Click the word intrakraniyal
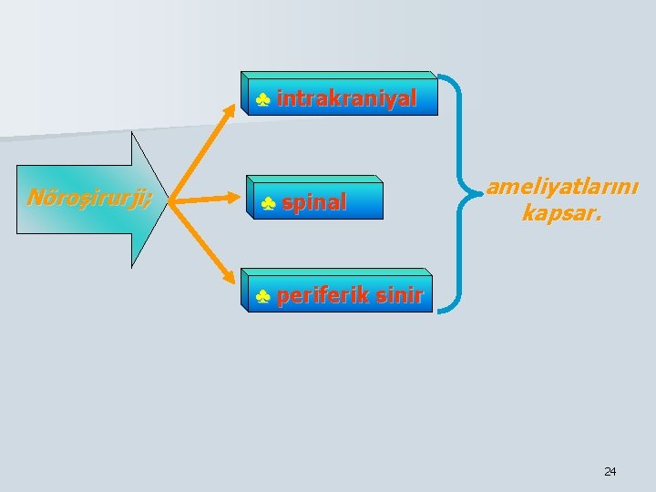pos(346,98)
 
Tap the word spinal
pos(314,202)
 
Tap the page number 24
pos(610,471)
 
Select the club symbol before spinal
pos(268,203)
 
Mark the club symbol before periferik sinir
pos(262,296)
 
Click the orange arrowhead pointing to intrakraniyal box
pos(240,101)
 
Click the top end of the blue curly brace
pos(441,76)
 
